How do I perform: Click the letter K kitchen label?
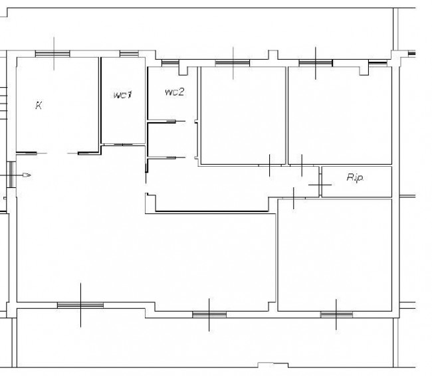click(x=39, y=105)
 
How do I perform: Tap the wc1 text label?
click(x=122, y=95)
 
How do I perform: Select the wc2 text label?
click(x=174, y=92)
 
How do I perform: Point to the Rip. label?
click(x=355, y=177)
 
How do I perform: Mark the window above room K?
click(x=53, y=54)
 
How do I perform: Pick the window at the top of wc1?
click(x=129, y=54)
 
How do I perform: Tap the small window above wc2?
click(x=170, y=63)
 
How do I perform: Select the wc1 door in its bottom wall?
click(x=123, y=144)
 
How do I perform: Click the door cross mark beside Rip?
click(x=320, y=185)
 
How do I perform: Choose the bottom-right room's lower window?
click(x=336, y=314)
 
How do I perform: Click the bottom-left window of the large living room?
click(x=80, y=305)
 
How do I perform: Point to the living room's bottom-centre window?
click(x=209, y=314)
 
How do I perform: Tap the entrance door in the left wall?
click(x=11, y=175)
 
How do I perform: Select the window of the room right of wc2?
click(x=233, y=63)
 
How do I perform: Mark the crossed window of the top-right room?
click(x=316, y=63)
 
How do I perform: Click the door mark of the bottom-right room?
click(x=294, y=198)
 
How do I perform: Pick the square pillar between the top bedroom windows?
click(x=273, y=54)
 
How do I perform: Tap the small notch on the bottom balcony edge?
click(x=273, y=365)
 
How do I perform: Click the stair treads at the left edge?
click(x=3, y=103)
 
